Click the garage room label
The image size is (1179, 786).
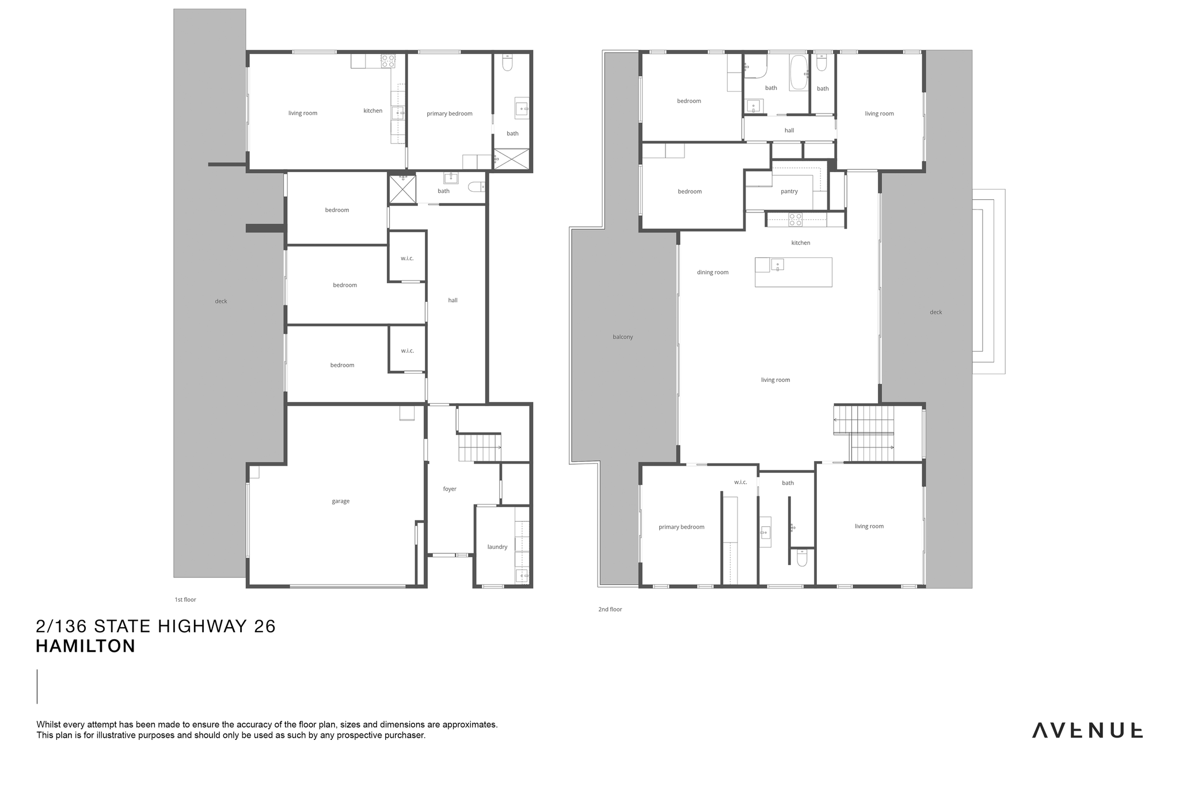click(341, 502)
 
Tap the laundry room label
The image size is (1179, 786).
click(497, 547)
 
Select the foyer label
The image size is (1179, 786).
click(450, 489)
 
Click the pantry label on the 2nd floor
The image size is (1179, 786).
click(789, 192)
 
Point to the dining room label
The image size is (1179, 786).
click(713, 272)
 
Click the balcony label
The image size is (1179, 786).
click(623, 337)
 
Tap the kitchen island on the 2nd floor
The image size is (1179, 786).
click(793, 272)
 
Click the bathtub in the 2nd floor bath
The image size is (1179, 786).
click(798, 73)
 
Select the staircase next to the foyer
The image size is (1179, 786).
click(480, 448)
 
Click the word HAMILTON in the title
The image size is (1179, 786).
click(86, 646)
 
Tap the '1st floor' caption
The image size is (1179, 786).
click(185, 599)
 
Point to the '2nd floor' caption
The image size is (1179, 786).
click(610, 609)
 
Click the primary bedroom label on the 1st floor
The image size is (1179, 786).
click(450, 114)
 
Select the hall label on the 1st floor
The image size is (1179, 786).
click(453, 301)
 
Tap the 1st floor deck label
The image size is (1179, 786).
click(221, 301)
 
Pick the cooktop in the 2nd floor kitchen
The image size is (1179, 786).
click(796, 219)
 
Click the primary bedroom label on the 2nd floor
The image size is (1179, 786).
click(682, 527)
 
